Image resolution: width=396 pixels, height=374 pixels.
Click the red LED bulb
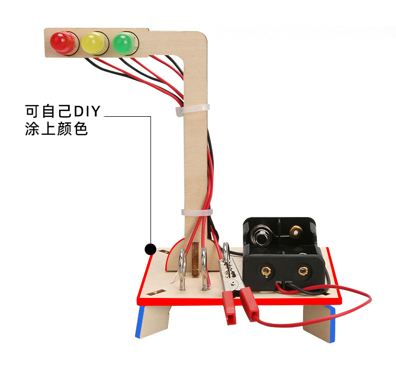[61, 42]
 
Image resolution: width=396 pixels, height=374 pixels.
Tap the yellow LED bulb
[93, 42]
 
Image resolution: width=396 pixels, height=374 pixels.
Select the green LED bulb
[124, 42]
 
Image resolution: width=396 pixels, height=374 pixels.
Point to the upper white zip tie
[192, 109]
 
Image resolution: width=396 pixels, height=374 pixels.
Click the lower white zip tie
[196, 212]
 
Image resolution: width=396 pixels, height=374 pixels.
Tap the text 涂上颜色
[56, 129]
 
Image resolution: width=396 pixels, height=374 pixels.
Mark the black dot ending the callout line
[150, 248]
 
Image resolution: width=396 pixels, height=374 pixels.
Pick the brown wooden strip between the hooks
[196, 259]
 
